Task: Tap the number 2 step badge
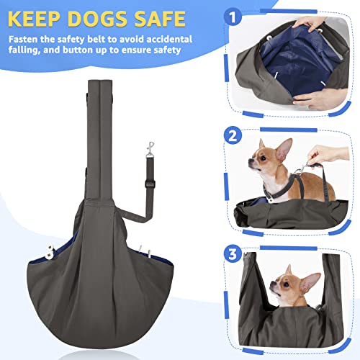coord(233,135)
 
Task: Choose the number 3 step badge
coord(233,253)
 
